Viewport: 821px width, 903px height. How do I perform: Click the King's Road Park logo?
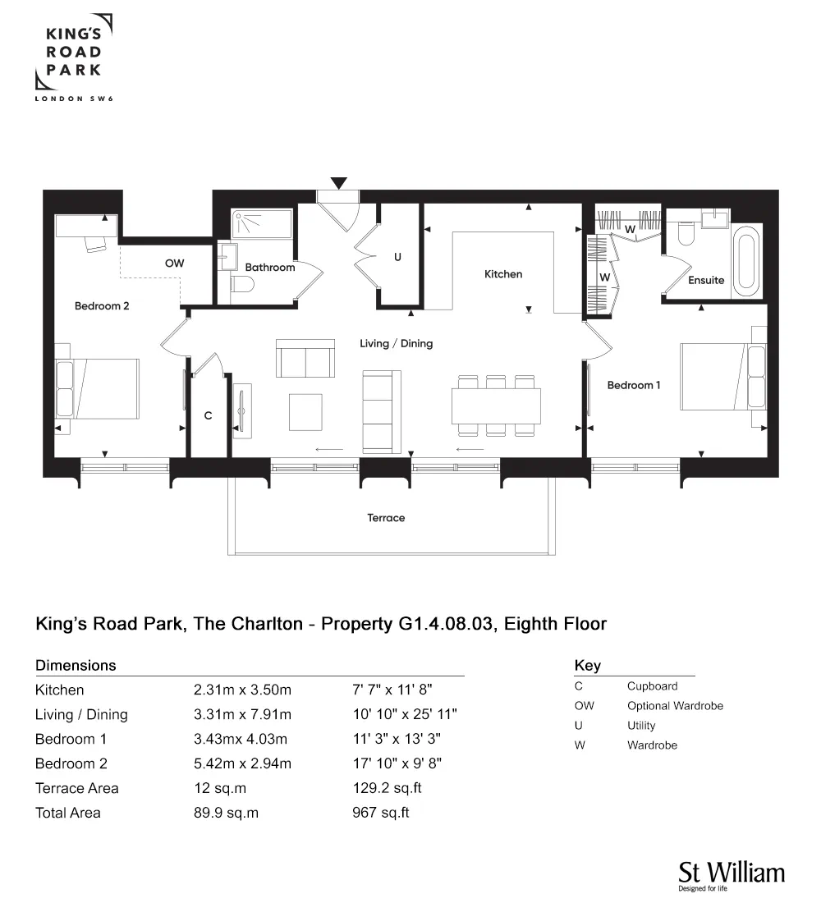coord(74,57)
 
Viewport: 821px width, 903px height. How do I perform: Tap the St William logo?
coord(732,875)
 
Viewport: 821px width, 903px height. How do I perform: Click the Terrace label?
coord(386,518)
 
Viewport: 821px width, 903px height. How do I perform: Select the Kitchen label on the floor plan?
coord(503,274)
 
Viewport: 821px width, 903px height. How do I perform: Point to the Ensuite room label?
coord(706,281)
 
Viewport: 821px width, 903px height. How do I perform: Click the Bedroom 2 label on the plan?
coord(102,306)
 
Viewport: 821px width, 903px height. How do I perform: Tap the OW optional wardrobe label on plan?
coord(175,264)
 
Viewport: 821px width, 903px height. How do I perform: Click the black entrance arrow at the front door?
coord(339,183)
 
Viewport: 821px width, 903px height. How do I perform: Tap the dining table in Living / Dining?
coord(496,406)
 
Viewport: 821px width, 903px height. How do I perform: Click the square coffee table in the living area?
coord(305,412)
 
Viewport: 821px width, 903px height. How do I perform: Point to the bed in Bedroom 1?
coord(723,377)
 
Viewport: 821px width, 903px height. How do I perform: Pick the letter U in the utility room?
coord(397,257)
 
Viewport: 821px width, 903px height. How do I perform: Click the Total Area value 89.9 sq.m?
coord(226,814)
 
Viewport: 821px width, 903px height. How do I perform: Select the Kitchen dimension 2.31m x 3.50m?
coord(242,690)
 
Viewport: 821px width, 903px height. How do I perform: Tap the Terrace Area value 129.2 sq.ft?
coord(388,788)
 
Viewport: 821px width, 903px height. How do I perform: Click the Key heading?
coord(588,666)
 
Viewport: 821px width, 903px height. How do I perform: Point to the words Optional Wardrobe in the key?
coord(675,706)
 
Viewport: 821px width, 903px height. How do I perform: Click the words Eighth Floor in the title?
coord(555,624)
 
